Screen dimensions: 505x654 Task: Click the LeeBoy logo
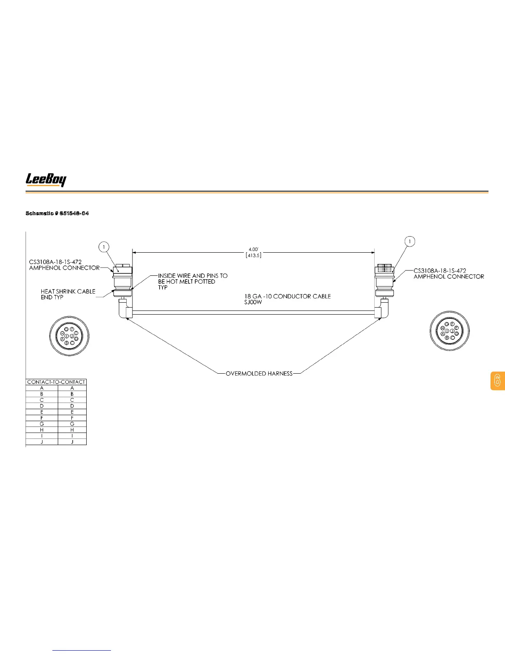[46, 180]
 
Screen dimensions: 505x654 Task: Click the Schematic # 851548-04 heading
[57, 213]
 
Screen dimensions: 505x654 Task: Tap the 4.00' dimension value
[253, 249]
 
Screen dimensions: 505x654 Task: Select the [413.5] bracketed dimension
[253, 255]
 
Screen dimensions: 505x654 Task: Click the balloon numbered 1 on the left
[104, 247]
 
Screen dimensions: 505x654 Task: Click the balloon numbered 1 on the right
[410, 241]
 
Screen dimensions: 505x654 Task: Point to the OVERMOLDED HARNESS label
[259, 374]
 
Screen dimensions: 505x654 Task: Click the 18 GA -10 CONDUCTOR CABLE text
[288, 296]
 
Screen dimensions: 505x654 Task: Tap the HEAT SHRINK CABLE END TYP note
[68, 294]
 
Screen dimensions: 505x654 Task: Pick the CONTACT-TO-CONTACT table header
[56, 382]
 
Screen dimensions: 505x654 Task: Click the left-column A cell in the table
[42, 388]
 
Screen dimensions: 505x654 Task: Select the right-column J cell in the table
[72, 442]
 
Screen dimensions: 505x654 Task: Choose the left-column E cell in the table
[42, 412]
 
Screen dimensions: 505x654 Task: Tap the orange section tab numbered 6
[498, 381]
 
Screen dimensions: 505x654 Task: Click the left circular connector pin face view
[69, 335]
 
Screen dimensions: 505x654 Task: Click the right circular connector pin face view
[450, 331]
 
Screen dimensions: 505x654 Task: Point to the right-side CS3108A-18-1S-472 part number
[440, 271]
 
